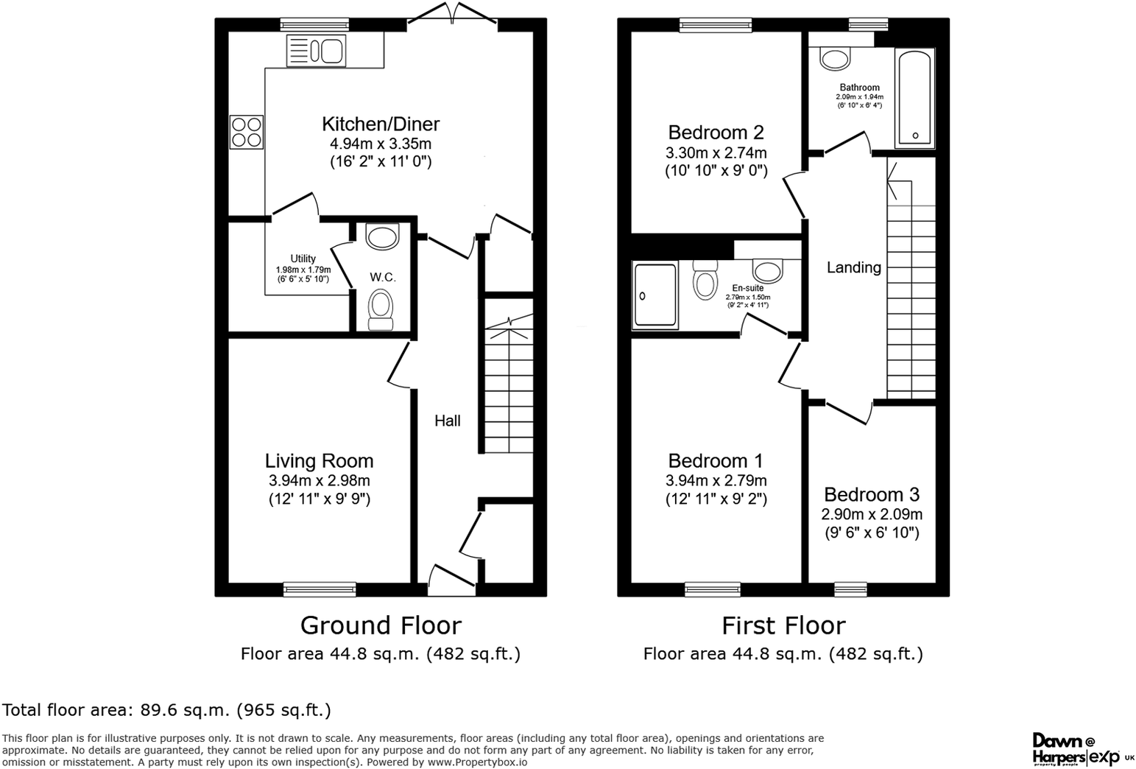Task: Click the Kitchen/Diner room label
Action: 381,124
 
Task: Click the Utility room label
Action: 303,259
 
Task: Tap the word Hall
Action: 447,421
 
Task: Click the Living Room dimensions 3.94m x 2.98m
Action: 319,481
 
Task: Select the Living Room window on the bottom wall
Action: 320,589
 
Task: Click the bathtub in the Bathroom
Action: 914,99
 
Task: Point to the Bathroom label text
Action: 859,88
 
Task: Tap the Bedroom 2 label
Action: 716,133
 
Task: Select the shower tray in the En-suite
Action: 655,295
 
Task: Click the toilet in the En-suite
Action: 705,281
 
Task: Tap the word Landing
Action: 853,267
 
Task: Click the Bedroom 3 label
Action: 872,494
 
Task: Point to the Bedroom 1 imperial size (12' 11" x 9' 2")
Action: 716,499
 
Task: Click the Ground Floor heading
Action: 381,625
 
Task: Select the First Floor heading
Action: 783,625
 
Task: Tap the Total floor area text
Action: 166,710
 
